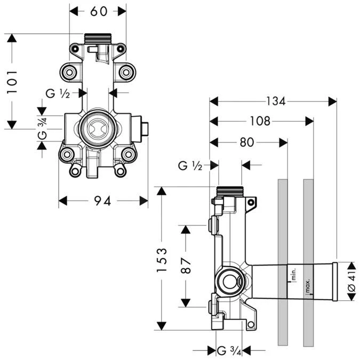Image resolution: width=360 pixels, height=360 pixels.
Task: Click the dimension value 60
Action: (98, 11)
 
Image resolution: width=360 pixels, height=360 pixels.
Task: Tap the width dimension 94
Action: (102, 201)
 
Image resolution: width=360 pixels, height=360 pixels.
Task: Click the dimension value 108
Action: (260, 121)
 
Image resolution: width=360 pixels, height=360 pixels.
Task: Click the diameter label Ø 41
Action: (351, 281)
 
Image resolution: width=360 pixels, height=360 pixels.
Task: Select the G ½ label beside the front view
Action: (58, 93)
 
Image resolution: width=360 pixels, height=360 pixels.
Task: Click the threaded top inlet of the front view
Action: (97, 39)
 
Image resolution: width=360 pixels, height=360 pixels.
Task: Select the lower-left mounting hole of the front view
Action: (67, 155)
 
